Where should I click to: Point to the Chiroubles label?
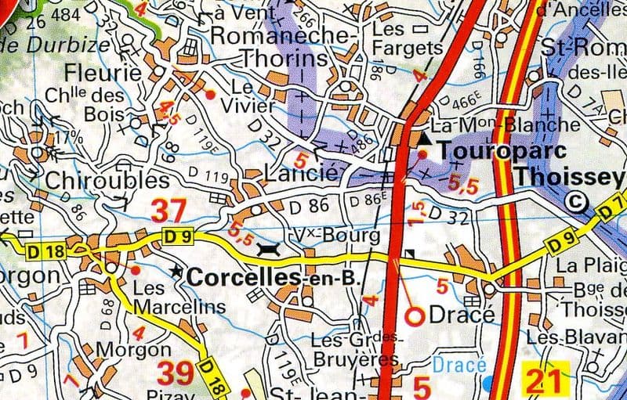(96, 180)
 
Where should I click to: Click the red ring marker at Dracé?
(415, 315)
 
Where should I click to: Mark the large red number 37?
(169, 211)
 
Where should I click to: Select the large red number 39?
(176, 373)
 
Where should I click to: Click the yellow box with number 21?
(545, 381)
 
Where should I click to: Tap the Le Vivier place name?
(252, 96)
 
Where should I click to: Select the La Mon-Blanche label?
(506, 124)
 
